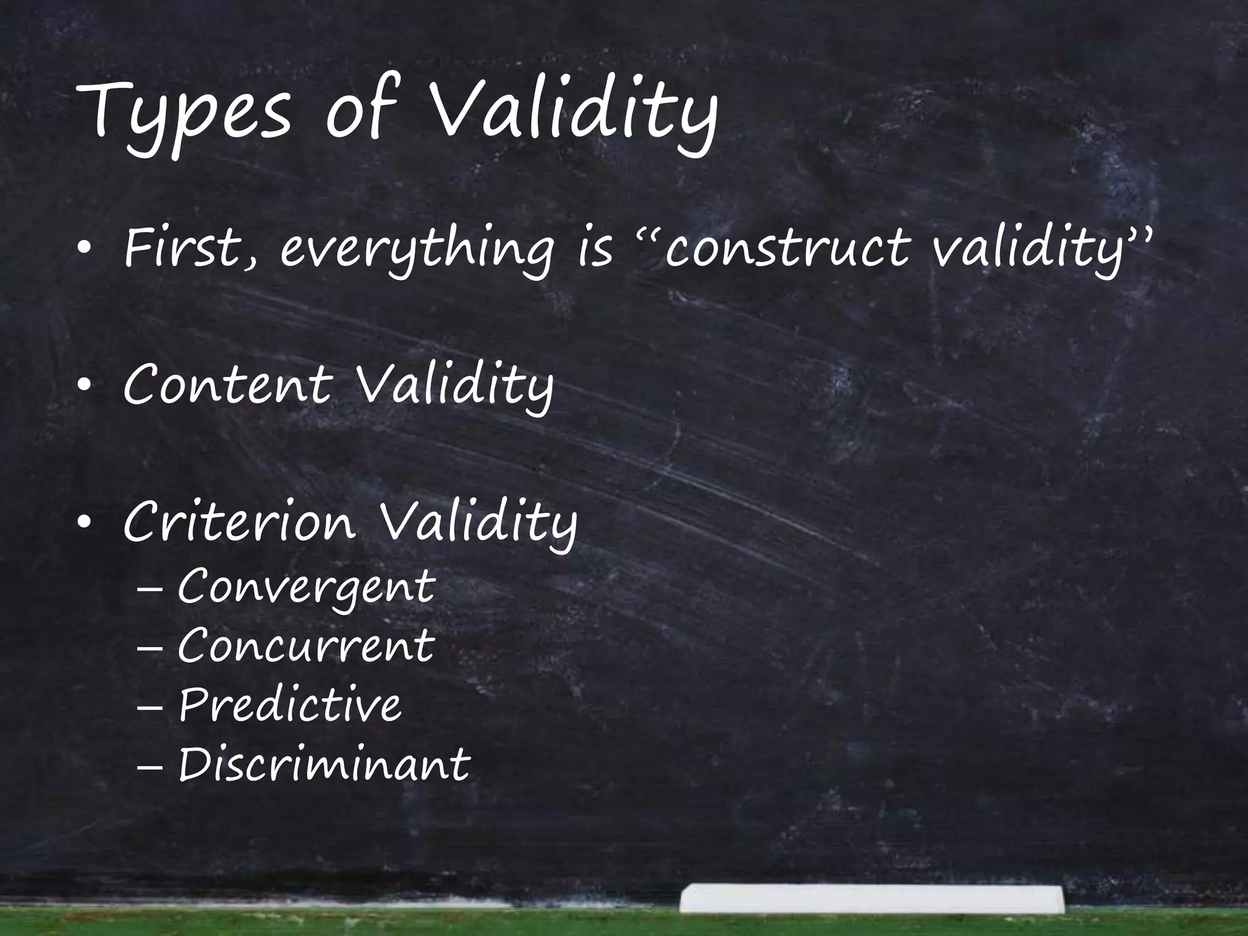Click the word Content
(227, 386)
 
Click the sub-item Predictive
(290, 705)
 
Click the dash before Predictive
(150, 707)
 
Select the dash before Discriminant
(150, 766)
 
